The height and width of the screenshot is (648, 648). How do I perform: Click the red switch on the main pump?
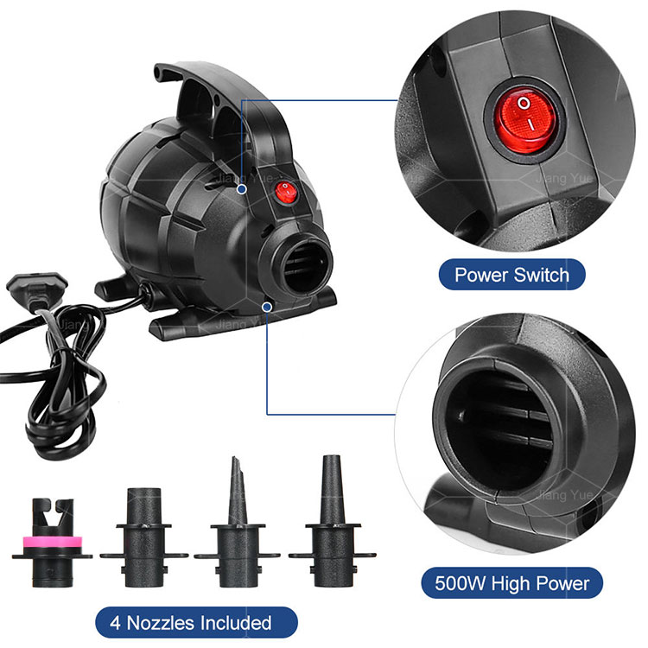click(286, 193)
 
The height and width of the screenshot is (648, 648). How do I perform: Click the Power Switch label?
click(511, 275)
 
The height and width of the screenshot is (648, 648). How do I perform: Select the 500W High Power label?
click(511, 583)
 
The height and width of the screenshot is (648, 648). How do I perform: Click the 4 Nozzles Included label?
click(197, 622)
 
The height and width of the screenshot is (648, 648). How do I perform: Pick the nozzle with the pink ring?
click(52, 543)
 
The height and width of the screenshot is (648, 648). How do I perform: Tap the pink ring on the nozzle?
click(52, 541)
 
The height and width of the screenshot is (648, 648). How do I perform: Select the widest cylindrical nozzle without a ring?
click(144, 537)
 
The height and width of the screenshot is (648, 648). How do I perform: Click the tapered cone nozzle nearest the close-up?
click(333, 523)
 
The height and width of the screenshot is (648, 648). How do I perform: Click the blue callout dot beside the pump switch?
click(242, 189)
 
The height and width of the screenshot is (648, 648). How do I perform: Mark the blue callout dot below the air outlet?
click(267, 307)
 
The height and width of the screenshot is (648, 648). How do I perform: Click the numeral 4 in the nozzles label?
click(115, 623)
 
